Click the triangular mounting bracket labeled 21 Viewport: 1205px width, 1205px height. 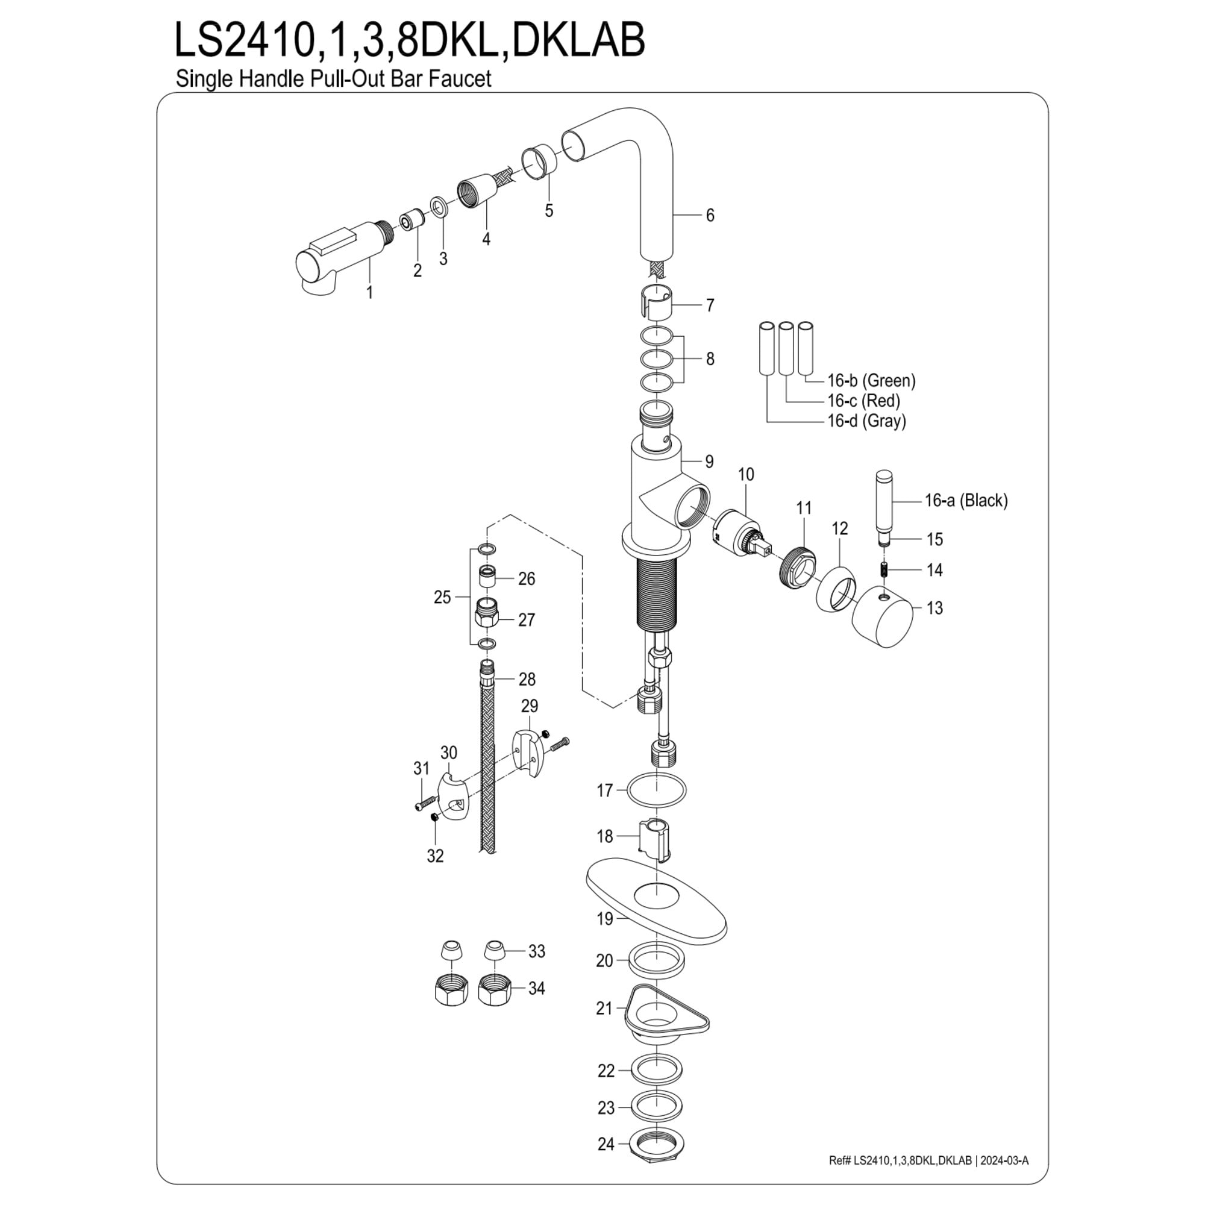coord(665,1014)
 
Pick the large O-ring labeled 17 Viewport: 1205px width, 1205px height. coord(656,790)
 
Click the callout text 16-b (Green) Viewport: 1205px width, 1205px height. coord(871,380)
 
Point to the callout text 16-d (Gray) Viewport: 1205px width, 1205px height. coord(866,421)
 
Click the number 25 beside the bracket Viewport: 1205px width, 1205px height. coord(442,597)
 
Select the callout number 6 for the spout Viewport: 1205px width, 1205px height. coord(710,215)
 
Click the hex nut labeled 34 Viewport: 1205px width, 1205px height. coord(495,989)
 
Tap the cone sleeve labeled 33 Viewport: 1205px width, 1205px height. coord(495,951)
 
